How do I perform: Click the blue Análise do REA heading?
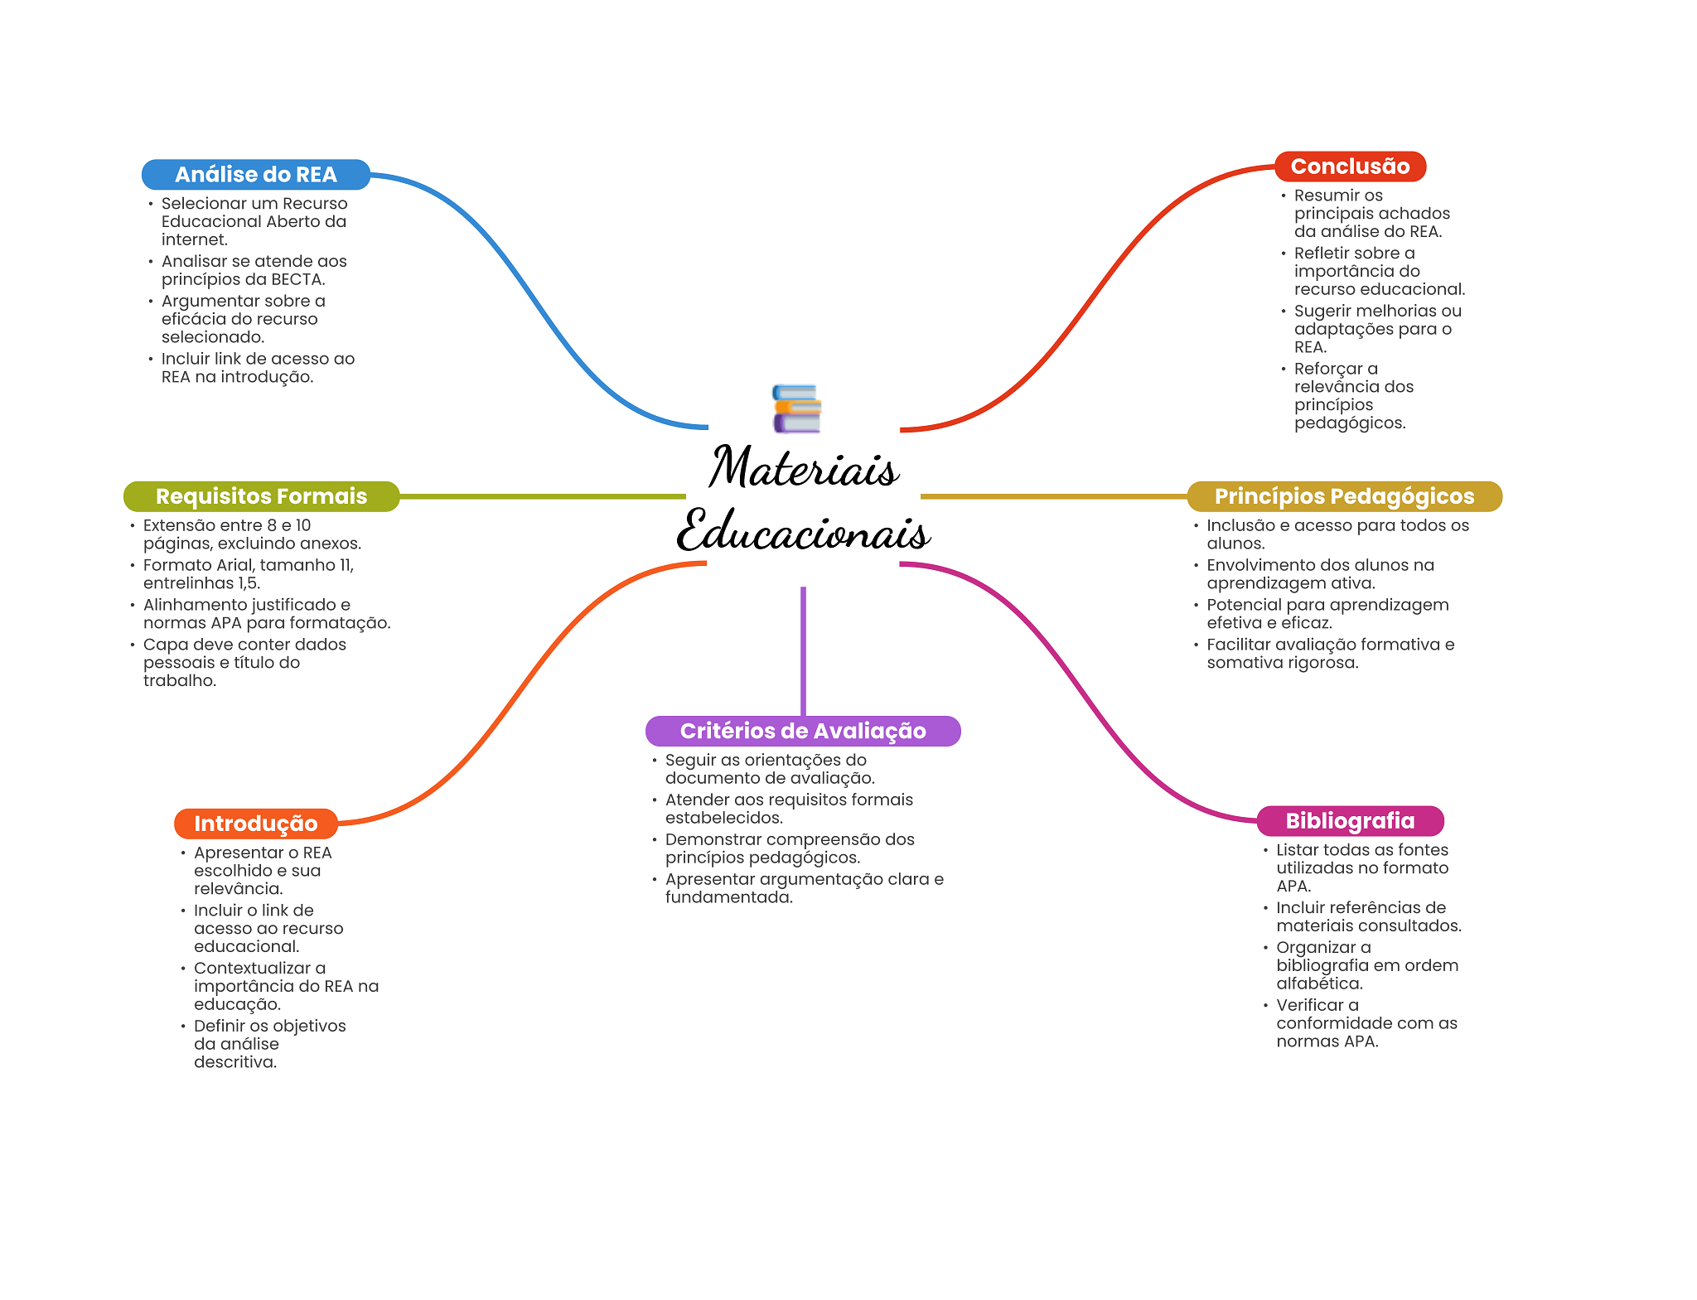pyautogui.click(x=255, y=175)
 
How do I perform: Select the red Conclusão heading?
pyautogui.click(x=1350, y=167)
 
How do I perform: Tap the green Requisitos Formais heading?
pyautogui.click(x=261, y=496)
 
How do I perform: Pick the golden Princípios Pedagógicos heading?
pyautogui.click(x=1344, y=496)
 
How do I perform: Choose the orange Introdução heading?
pyautogui.click(x=255, y=824)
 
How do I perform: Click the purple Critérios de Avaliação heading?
pyautogui.click(x=803, y=731)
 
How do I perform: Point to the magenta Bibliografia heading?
pyautogui.click(x=1350, y=821)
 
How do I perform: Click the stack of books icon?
pyautogui.click(x=796, y=408)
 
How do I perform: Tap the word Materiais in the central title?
pyautogui.click(x=804, y=468)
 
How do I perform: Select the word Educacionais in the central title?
pyautogui.click(x=804, y=533)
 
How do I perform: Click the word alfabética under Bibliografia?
pyautogui.click(x=1319, y=983)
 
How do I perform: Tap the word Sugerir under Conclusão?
pyautogui.click(x=1322, y=311)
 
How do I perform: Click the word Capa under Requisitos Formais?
pyautogui.click(x=163, y=645)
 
